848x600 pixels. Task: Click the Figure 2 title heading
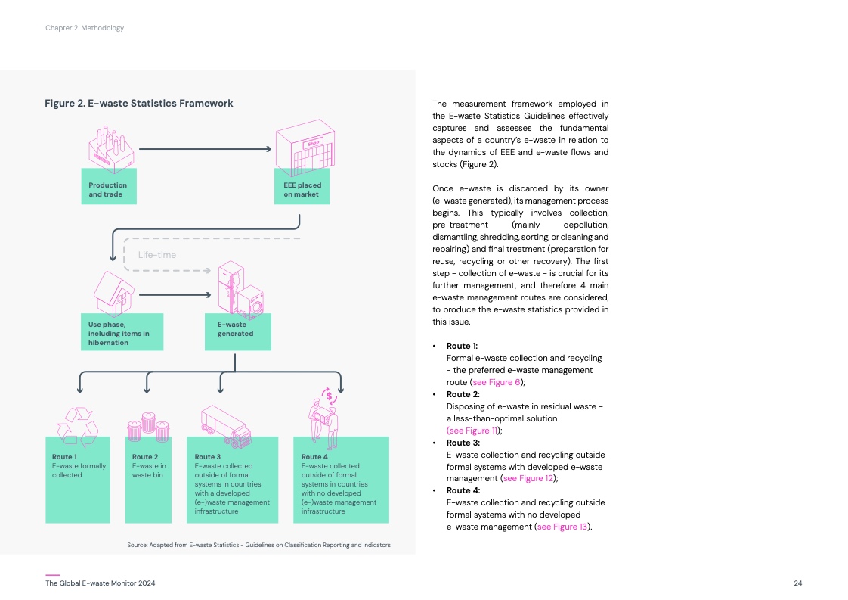click(x=138, y=103)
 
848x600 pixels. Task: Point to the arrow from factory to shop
click(x=205, y=148)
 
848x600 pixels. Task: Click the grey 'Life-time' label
click(x=156, y=255)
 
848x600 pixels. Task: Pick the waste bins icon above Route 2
click(x=147, y=427)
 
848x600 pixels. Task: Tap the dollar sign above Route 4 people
click(x=330, y=394)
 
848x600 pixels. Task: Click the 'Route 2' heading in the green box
click(x=145, y=457)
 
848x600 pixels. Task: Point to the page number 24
click(x=797, y=583)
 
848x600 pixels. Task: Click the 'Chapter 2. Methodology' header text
click(x=84, y=28)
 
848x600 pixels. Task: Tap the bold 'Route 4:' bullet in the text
click(x=463, y=490)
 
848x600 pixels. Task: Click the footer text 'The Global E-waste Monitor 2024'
click(x=101, y=583)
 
